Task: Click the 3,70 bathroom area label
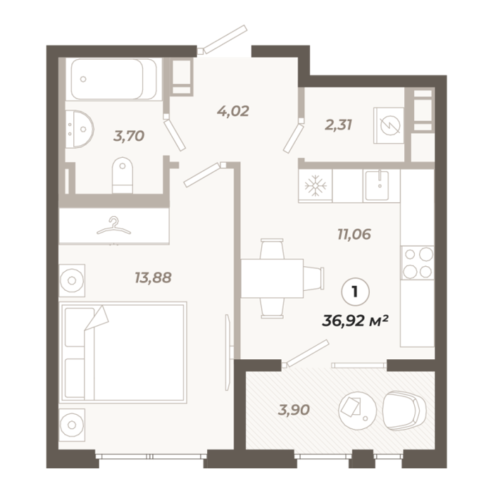(129, 136)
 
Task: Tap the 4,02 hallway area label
(233, 111)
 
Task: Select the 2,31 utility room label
(338, 125)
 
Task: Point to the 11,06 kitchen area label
(354, 235)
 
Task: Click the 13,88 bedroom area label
(153, 277)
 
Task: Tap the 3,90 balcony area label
(294, 410)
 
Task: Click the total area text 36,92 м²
(355, 321)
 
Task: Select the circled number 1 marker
(355, 292)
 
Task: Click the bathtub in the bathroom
(113, 79)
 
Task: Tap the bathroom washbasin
(80, 129)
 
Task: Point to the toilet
(123, 175)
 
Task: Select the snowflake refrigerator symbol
(316, 185)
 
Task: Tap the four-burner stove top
(418, 263)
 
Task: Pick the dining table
(272, 279)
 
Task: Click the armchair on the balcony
(404, 411)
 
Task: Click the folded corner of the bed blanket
(96, 318)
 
